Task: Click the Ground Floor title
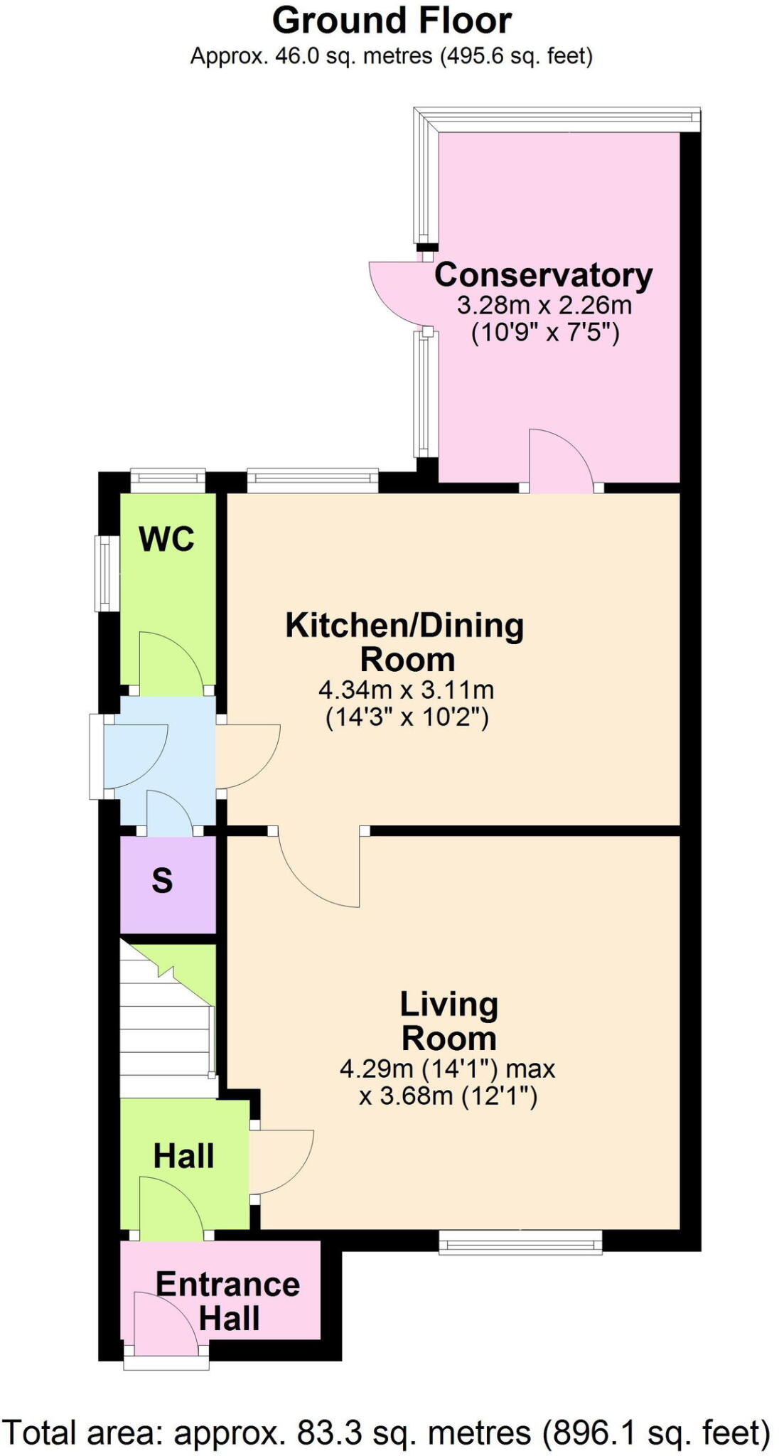point(392,21)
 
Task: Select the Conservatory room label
point(543,275)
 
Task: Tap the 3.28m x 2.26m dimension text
point(544,305)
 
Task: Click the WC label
point(167,539)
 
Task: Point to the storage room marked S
point(163,882)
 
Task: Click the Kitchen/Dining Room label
point(405,642)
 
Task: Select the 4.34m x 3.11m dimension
point(406,690)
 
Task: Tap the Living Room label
point(448,1021)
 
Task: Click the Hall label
point(183,1156)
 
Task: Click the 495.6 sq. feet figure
point(515,55)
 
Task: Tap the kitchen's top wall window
point(312,481)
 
